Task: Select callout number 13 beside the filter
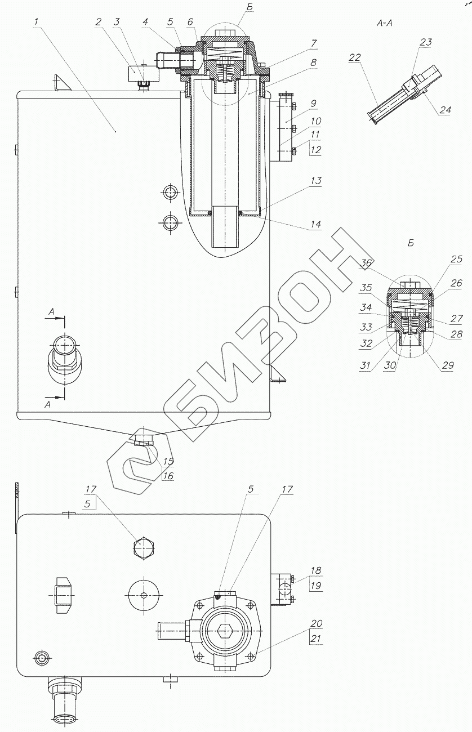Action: click(x=315, y=181)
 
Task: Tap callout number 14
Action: click(x=315, y=224)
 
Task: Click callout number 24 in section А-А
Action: click(x=445, y=110)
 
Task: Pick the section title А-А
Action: click(x=388, y=24)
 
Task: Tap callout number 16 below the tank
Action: click(x=168, y=476)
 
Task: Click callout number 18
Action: click(x=316, y=570)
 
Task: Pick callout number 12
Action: click(x=315, y=150)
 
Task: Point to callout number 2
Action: click(x=99, y=22)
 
